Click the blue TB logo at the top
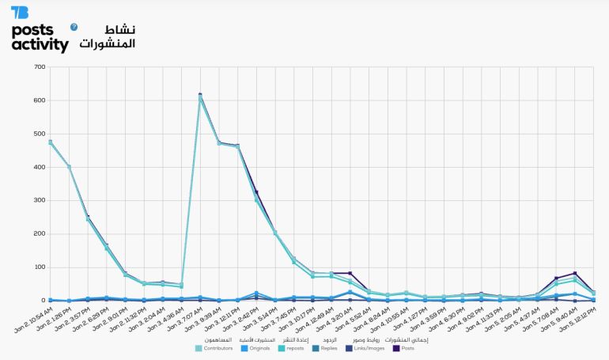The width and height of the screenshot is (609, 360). coord(19,12)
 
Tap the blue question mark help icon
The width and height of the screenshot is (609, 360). coord(74,27)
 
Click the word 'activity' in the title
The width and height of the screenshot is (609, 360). coord(40,45)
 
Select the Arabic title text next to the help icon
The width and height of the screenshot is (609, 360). coord(108,36)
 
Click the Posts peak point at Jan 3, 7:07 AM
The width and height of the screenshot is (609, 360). coord(200,95)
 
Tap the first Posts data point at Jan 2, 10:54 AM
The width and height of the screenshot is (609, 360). coord(51,142)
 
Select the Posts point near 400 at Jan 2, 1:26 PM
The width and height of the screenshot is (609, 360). coord(70,167)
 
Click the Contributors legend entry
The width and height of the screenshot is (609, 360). coord(214,347)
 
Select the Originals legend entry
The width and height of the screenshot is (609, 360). coord(257,347)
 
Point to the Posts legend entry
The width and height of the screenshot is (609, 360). coord(407,347)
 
